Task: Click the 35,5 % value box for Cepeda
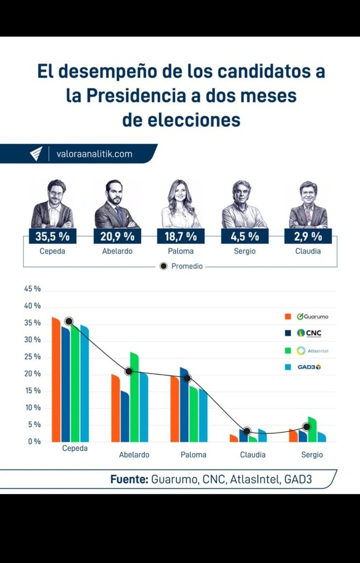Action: point(52,236)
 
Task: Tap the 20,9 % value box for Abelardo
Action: point(117,236)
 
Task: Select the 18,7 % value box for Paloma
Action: point(180,236)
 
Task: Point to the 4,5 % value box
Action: point(244,236)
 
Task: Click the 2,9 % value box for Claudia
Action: point(308,236)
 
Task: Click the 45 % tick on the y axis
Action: point(32,289)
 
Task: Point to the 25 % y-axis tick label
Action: point(32,357)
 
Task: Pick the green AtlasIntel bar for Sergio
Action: point(312,429)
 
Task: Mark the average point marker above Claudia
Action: point(247,431)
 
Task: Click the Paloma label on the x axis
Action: point(193,455)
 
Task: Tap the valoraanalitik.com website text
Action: point(94,154)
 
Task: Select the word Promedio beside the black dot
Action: point(187,266)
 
